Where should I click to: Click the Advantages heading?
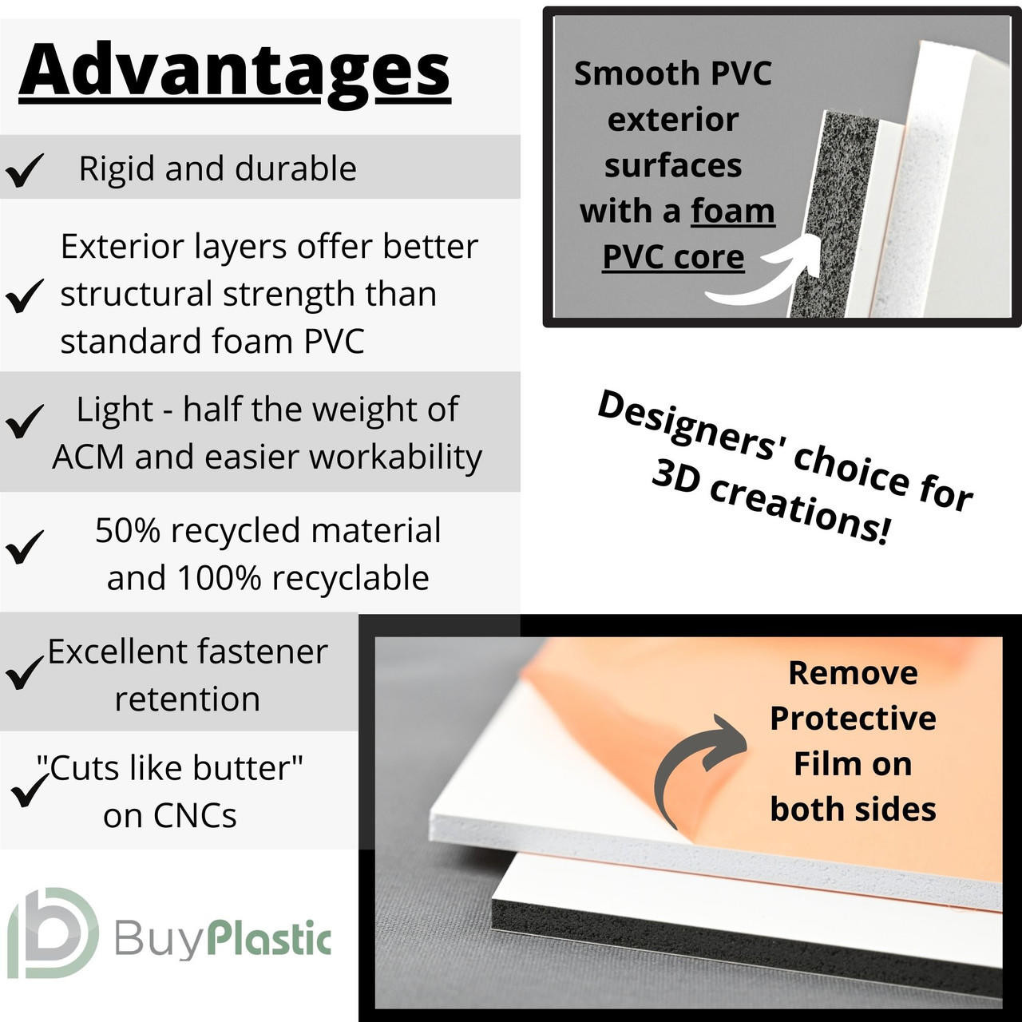tap(235, 72)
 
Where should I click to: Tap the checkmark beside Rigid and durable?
tap(25, 170)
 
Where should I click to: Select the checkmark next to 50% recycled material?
tap(25, 547)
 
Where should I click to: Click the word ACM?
tap(88, 457)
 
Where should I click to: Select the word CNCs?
tap(196, 815)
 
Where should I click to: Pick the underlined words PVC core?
tap(674, 257)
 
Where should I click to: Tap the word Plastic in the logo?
tap(270, 941)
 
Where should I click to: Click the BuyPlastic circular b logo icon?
tap(53, 933)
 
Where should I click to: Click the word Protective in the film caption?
tap(853, 719)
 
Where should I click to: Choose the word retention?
tap(187, 699)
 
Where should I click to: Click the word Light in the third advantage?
tap(114, 410)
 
